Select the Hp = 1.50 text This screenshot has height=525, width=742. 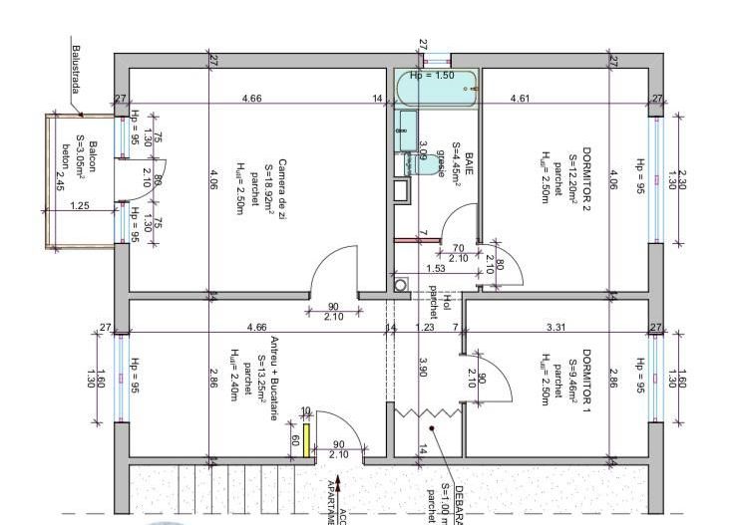(432, 75)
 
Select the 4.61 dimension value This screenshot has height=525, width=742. (520, 99)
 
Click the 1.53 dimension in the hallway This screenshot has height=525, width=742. (435, 269)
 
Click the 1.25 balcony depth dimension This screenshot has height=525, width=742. (82, 206)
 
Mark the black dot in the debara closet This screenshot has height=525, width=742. (432, 429)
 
